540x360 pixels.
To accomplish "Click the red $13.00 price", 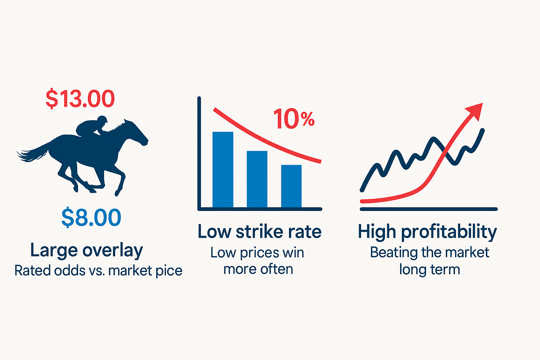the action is (x=80, y=99).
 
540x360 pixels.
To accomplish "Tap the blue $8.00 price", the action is (x=91, y=217).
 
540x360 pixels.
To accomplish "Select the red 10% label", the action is (x=294, y=118).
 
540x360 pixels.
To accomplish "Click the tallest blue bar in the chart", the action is (x=223, y=169).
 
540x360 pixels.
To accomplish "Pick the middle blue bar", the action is (x=257, y=179).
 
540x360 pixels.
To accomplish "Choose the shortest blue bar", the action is (x=291, y=186).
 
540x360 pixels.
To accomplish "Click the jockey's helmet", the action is (x=102, y=119).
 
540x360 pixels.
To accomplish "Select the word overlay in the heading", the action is (x=113, y=251).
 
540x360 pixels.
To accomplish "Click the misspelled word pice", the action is (x=169, y=271).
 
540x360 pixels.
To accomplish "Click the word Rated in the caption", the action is (x=33, y=271).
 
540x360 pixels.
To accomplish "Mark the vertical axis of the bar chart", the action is (x=199, y=153).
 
